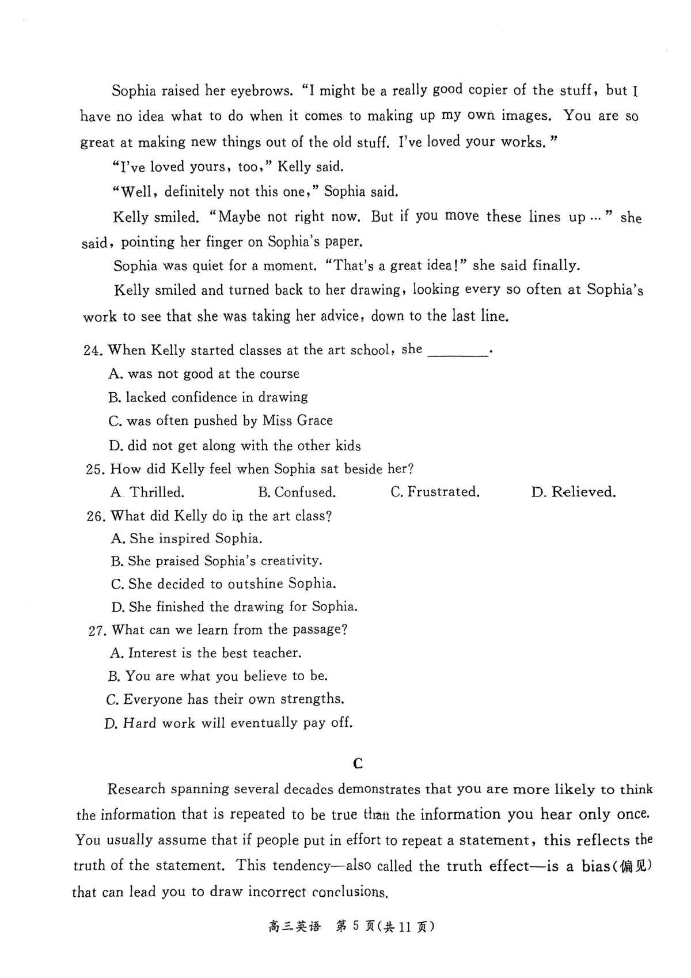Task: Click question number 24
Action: point(93,351)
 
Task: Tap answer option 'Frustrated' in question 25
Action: point(442,492)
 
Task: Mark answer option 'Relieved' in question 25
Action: point(583,492)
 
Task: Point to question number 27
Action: point(97,631)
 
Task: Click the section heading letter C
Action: point(358,764)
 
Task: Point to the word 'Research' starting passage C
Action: point(136,789)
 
